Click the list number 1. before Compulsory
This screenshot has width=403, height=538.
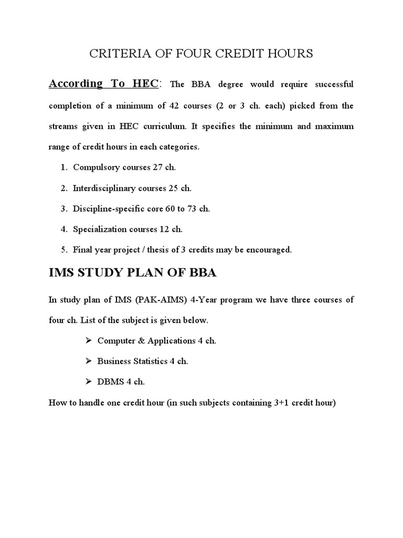[64, 167]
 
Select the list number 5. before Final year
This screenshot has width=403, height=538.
[64, 250]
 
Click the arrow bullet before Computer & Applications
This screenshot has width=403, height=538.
[88, 340]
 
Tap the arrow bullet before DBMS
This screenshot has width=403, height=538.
[88, 382]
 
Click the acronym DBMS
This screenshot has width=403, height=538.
[109, 382]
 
